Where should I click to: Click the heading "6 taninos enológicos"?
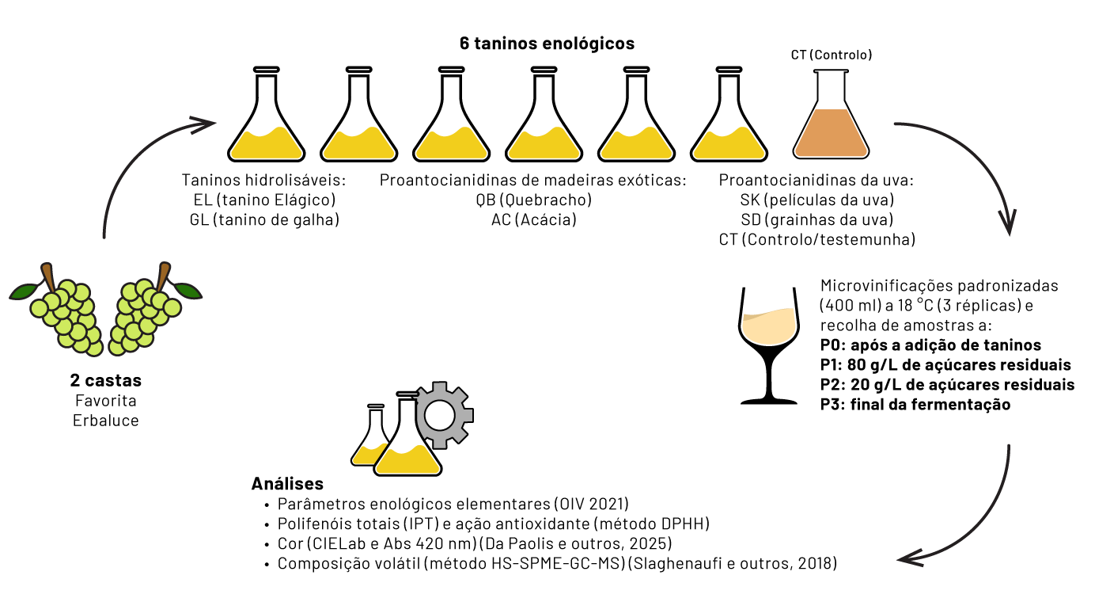point(547,44)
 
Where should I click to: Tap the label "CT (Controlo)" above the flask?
point(832,55)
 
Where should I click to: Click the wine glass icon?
point(769,345)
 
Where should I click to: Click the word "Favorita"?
point(105,401)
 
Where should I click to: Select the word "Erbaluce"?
point(105,421)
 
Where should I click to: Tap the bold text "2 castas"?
point(105,380)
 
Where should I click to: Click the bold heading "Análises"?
point(287,483)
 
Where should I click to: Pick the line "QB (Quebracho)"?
point(534,200)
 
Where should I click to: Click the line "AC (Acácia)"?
point(534,219)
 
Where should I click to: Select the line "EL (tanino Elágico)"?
point(264,200)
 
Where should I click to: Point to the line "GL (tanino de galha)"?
point(264,219)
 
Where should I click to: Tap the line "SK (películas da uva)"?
point(817,200)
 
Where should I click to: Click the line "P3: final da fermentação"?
point(915,405)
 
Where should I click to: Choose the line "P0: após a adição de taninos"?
point(930,345)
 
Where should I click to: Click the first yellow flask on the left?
point(267,115)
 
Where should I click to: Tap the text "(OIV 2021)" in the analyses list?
point(591,504)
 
